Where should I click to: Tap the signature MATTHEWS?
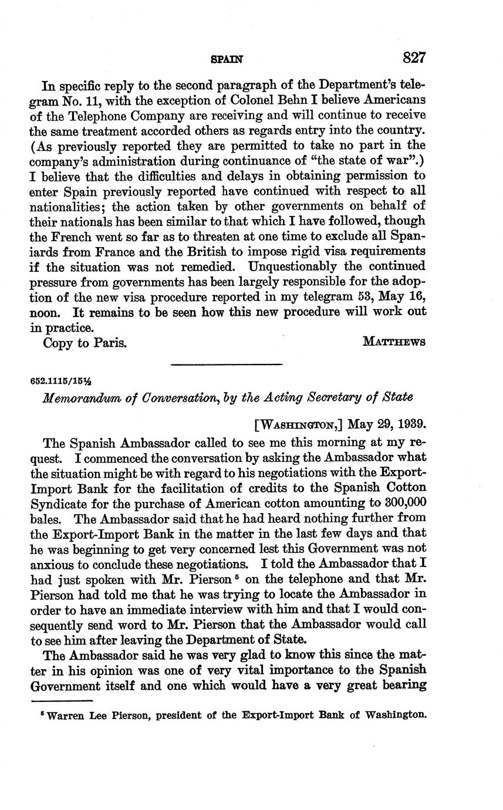394,342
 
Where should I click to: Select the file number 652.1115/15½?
58,380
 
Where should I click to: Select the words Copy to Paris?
85,343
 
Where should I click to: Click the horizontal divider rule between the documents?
227,365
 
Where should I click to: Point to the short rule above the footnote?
62,701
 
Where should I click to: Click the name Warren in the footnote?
67,715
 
